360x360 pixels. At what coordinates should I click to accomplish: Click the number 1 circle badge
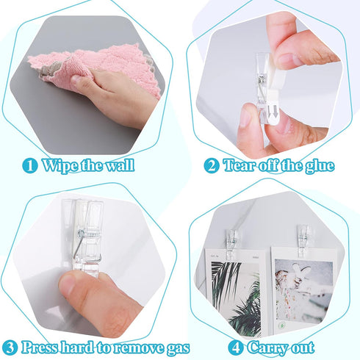point(30,165)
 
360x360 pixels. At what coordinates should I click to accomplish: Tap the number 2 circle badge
point(211,165)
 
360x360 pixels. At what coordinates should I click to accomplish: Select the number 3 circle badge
point(10,347)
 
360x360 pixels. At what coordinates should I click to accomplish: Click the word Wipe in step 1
point(60,165)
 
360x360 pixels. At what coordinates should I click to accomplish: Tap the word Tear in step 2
point(240,165)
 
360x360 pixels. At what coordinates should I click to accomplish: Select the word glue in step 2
point(317,166)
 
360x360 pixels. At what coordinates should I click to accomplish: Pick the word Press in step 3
point(40,347)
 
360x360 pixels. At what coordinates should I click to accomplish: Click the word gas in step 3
point(173,348)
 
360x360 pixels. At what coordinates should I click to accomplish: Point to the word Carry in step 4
point(268,347)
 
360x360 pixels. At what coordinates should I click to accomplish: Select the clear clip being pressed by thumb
point(84,235)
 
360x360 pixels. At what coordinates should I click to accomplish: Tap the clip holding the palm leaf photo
point(231,242)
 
